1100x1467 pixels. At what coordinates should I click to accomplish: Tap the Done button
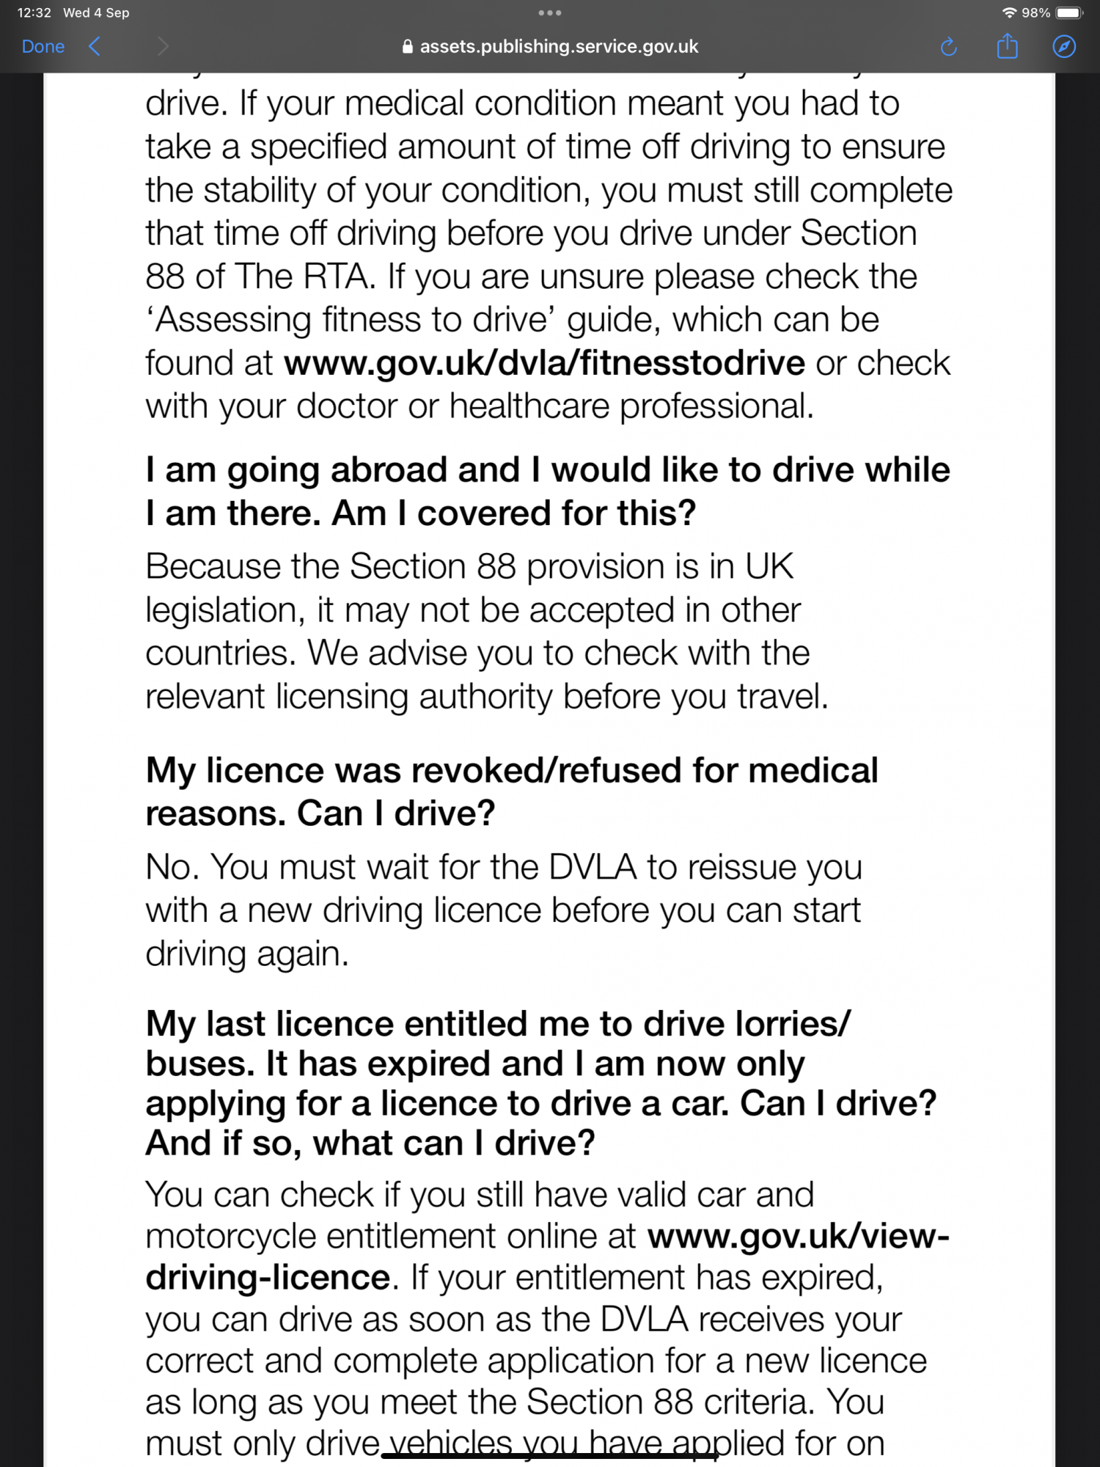(x=43, y=47)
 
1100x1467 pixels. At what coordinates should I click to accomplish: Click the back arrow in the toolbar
(x=95, y=47)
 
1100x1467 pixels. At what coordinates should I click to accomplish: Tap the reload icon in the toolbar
(x=948, y=47)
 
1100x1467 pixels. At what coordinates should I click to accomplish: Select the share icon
(x=1007, y=46)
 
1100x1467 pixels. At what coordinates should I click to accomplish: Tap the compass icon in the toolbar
(x=1063, y=47)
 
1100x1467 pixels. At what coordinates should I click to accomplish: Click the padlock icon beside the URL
(x=408, y=47)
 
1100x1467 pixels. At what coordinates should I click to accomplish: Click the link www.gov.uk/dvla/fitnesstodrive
(x=544, y=363)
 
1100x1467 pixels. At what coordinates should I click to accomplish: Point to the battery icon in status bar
(x=1068, y=12)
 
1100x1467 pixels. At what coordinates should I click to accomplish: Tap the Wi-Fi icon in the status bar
(x=1009, y=12)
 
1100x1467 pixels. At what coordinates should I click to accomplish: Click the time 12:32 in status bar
(x=34, y=12)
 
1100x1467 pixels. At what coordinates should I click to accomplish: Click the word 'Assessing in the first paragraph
(x=229, y=321)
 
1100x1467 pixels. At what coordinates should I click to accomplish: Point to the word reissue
(x=741, y=868)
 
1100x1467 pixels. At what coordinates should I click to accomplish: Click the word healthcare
(x=529, y=406)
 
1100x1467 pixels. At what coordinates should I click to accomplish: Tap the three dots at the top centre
(x=549, y=12)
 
